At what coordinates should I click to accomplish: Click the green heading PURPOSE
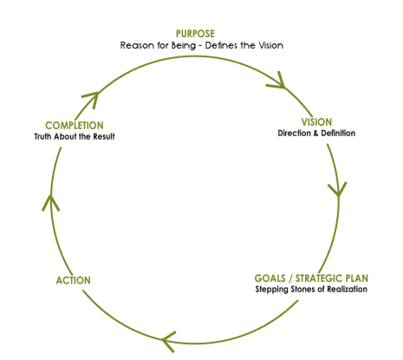195,34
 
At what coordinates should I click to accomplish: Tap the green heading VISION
316,122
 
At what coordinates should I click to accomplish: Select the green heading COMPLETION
75,126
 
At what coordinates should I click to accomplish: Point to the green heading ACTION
73,280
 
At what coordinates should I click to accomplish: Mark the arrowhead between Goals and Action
167,340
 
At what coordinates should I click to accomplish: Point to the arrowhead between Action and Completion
50,201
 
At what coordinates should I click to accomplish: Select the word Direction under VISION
294,133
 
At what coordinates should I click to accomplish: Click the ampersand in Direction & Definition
315,134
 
